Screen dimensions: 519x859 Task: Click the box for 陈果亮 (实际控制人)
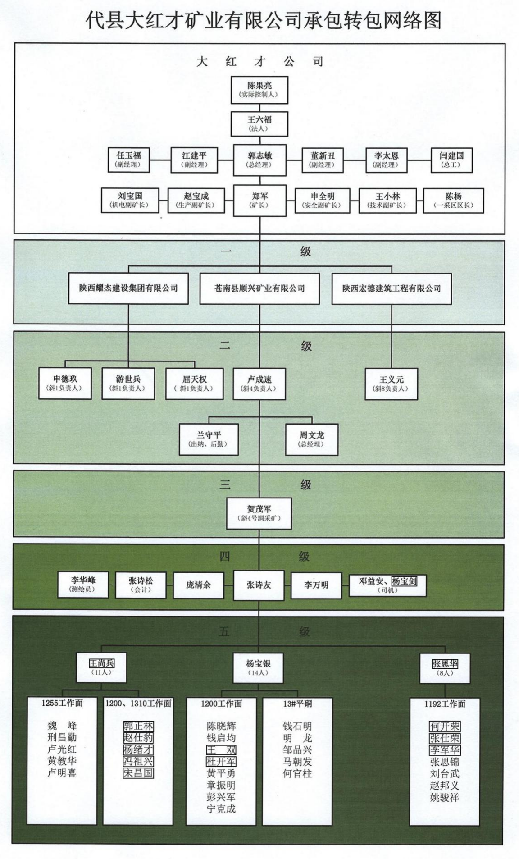click(x=259, y=90)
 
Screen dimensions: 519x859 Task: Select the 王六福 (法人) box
click(x=259, y=123)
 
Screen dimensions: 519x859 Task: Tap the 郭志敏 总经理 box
click(x=259, y=160)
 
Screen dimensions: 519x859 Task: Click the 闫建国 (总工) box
click(x=451, y=160)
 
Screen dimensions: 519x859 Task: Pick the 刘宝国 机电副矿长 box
click(x=130, y=200)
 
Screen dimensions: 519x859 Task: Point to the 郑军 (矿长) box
click(x=259, y=201)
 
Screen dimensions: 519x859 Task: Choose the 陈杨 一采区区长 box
click(x=453, y=200)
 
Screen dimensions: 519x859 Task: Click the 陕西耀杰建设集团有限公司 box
click(x=128, y=288)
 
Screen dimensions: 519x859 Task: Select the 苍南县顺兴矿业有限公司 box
click(x=259, y=288)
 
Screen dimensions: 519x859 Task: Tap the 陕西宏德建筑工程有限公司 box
click(x=391, y=288)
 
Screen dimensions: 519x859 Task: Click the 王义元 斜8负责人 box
click(x=391, y=384)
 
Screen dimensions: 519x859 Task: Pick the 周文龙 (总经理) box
click(x=311, y=439)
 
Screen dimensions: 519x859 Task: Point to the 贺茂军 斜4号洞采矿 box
click(x=259, y=513)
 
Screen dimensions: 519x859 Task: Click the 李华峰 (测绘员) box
click(x=83, y=585)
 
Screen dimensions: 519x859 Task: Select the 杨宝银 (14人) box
click(x=258, y=667)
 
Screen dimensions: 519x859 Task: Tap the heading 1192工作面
click(x=445, y=704)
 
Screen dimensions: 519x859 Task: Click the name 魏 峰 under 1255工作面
click(x=62, y=726)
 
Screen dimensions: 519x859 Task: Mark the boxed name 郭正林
click(x=138, y=726)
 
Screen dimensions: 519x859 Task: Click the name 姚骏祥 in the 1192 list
click(x=445, y=797)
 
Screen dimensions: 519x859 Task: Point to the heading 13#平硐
click(x=297, y=704)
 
